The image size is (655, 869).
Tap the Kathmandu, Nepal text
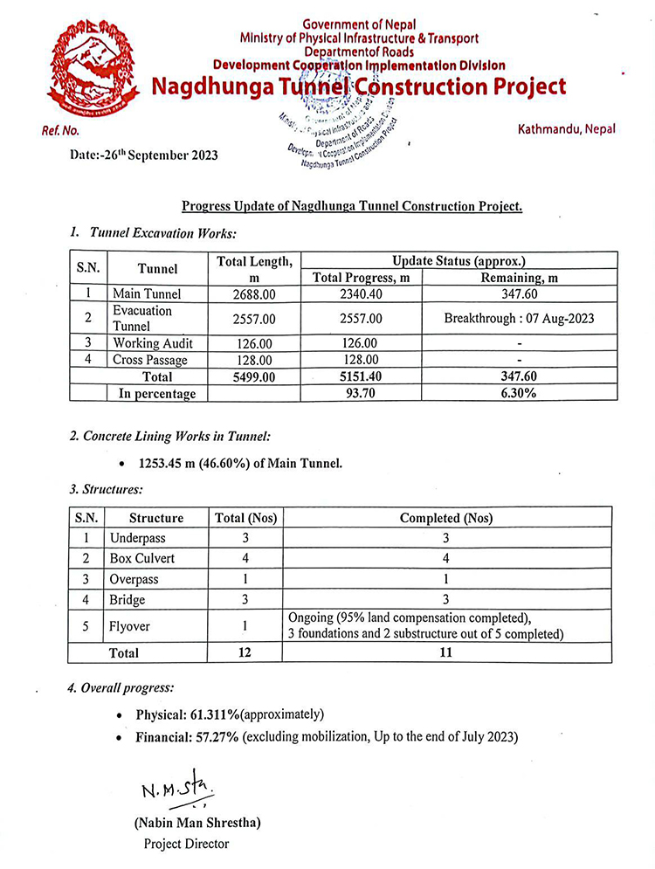(x=566, y=128)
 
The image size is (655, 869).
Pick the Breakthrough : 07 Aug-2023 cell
(x=519, y=318)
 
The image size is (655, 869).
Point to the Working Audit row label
(x=153, y=343)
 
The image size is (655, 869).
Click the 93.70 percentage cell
(x=361, y=394)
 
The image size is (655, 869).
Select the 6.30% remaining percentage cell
(x=519, y=394)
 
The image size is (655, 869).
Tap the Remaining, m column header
(x=519, y=277)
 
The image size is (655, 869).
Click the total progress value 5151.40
(x=361, y=377)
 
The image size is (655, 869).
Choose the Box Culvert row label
(x=142, y=558)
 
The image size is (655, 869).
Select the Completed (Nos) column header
(x=446, y=518)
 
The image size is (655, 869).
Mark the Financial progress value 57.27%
(x=217, y=737)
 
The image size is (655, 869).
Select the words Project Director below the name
(x=186, y=844)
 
